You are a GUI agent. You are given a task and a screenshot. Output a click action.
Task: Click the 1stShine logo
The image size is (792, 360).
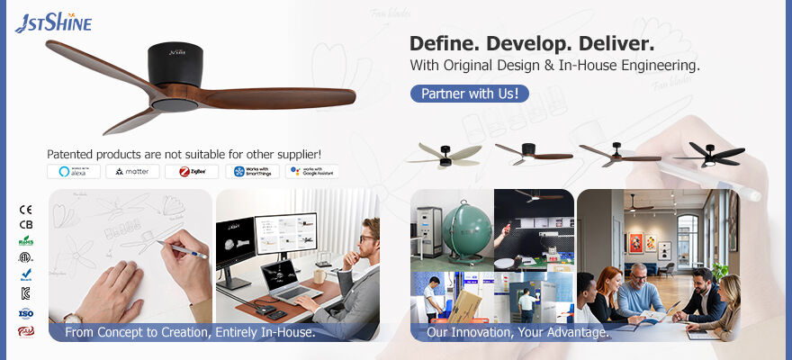[52, 22]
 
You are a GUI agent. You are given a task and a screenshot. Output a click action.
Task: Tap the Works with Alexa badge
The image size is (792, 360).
[73, 171]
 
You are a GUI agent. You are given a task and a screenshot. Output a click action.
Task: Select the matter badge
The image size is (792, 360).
[132, 171]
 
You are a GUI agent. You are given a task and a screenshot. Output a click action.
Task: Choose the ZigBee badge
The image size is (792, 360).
[191, 171]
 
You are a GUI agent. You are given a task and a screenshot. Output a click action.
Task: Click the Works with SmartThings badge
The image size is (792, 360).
[252, 171]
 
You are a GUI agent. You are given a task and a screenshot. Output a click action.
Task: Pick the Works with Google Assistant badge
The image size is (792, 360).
[311, 171]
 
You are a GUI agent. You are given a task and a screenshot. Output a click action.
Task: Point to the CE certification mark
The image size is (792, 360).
[25, 210]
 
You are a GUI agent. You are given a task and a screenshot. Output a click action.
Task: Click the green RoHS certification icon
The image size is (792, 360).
[25, 240]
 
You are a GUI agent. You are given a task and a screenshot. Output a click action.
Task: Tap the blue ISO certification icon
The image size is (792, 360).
[25, 313]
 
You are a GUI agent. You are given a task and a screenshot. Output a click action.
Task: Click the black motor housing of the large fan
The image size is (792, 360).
[172, 64]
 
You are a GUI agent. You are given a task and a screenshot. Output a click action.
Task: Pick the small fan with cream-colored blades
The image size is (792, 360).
[444, 155]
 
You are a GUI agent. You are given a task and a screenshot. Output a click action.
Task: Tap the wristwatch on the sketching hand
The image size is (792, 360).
[71, 317]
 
